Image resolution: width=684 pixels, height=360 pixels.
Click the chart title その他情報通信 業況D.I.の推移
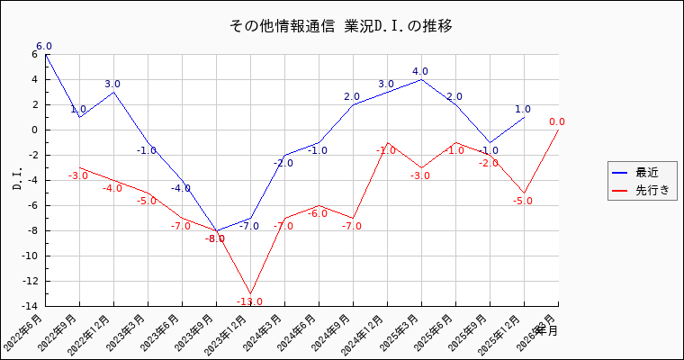[x=341, y=26]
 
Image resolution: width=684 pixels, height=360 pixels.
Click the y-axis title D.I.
[x=17, y=180]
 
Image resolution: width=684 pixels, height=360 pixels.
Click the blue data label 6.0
[x=44, y=46]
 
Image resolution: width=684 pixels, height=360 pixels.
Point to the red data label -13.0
[x=249, y=301]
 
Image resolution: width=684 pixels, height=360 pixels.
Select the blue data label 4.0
[x=420, y=71]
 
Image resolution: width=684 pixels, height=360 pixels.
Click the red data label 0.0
[x=557, y=121]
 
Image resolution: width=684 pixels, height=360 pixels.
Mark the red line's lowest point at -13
[x=250, y=293]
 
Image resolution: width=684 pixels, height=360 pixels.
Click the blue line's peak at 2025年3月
[x=421, y=79]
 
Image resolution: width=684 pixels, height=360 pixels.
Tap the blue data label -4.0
[x=181, y=188]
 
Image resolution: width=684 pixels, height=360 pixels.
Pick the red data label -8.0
[x=215, y=238]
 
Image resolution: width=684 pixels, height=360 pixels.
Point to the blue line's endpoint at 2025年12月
[x=524, y=117]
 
